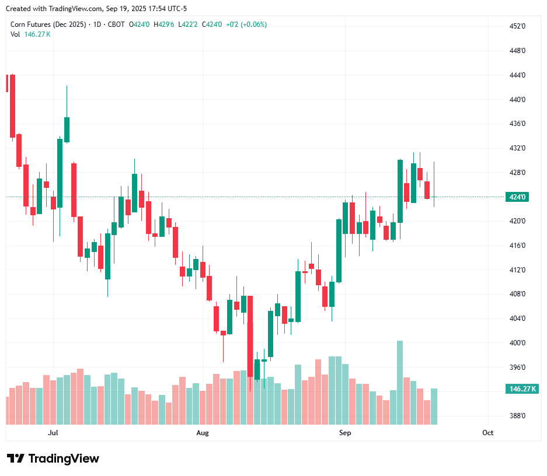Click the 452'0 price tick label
coord(518,26)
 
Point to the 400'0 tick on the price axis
coord(518,343)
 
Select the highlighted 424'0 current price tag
coord(518,197)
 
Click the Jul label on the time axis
coord(53,433)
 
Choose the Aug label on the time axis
coord(202,433)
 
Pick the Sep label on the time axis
coord(345,433)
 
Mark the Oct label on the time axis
coord(488,433)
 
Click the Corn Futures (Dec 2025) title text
coord(48,24)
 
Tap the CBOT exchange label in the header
coord(116,24)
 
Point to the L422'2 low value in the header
coord(189,24)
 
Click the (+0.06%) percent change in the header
coord(253,24)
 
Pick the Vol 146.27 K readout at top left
coord(30,34)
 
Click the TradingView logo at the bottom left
coord(53,459)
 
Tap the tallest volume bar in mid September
coord(400,383)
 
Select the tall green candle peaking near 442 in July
coord(67,129)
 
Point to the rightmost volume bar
coord(434,406)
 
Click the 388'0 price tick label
coord(518,416)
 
